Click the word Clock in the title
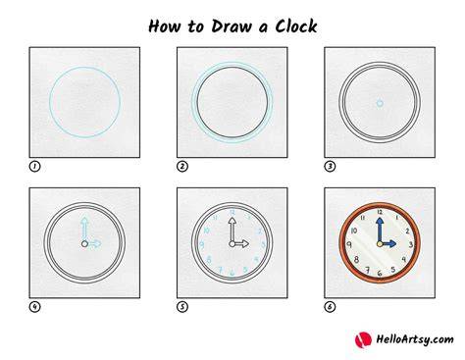click(x=296, y=26)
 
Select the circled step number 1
click(x=34, y=167)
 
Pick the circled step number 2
click(x=182, y=167)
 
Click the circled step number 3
click(x=330, y=167)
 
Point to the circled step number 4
click(x=34, y=307)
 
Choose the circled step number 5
click(x=182, y=307)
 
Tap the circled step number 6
click(x=330, y=307)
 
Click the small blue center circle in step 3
click(x=380, y=103)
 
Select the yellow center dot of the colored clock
click(x=380, y=244)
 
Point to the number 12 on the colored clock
click(x=380, y=212)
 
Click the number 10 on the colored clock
click(x=354, y=231)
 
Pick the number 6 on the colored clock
click(x=380, y=273)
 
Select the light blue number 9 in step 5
click(x=202, y=244)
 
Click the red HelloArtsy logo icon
click(x=363, y=339)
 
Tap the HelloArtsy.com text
click(x=415, y=339)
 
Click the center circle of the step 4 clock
click(x=84, y=244)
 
